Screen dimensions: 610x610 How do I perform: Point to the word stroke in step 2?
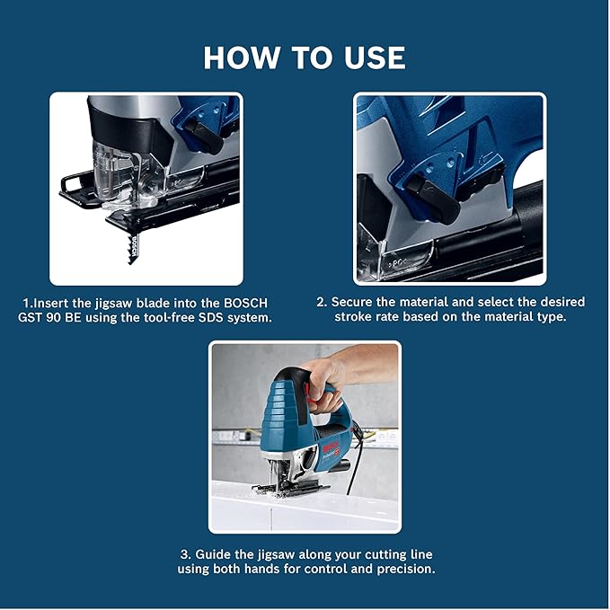357,318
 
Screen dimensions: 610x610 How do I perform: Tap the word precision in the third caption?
402,570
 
